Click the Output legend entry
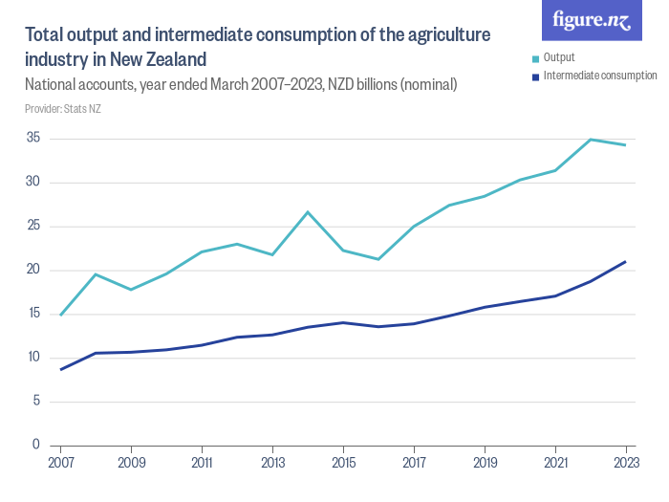point(558,57)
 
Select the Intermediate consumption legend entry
point(599,75)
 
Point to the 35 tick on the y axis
point(32,139)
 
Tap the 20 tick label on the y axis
point(32,270)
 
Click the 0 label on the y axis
point(36,445)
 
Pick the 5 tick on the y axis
point(36,401)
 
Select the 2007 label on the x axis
point(60,464)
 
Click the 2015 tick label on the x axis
point(343,464)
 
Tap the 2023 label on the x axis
point(625,464)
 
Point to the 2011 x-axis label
point(202,464)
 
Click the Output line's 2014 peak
point(308,212)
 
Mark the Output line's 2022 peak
point(590,140)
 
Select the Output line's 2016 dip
point(378,259)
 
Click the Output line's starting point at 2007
point(61,315)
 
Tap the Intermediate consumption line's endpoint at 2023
point(625,261)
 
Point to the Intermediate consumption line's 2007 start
point(61,369)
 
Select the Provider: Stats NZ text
point(63,109)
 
